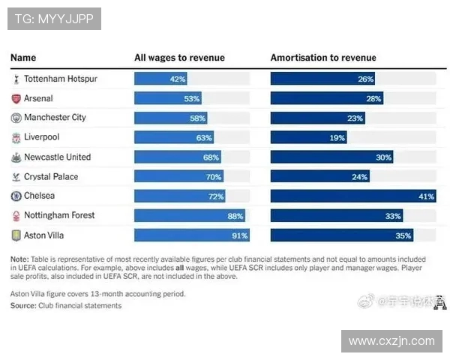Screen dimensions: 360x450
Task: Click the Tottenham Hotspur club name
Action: [60, 79]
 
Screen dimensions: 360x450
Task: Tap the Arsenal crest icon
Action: [16, 98]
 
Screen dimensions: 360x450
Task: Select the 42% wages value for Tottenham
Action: [178, 79]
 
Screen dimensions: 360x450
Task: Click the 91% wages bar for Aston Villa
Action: [192, 235]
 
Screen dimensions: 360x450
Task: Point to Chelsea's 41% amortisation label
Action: [426, 196]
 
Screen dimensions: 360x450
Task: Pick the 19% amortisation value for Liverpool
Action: [337, 137]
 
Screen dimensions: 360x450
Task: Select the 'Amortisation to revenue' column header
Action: [323, 58]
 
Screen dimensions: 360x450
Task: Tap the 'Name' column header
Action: [23, 58]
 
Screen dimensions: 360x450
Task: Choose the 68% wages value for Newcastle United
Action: [211, 157]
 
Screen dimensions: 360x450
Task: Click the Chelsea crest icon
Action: [16, 196]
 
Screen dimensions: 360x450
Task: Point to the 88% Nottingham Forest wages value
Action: [235, 215]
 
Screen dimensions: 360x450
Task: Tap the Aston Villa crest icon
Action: [16, 235]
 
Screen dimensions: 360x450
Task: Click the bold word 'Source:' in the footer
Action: [23, 305]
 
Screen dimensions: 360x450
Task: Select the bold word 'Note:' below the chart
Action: [19, 259]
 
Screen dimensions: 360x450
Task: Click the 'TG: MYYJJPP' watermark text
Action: [54, 19]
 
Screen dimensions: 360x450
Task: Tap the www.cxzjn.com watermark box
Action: [391, 341]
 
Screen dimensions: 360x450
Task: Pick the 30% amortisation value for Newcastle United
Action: [383, 157]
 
